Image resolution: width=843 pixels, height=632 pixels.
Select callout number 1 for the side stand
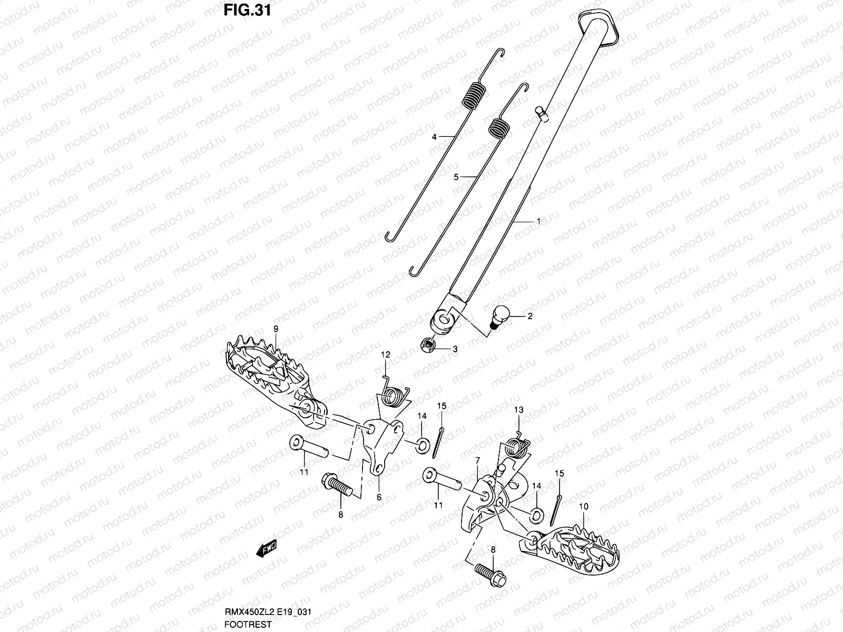538,222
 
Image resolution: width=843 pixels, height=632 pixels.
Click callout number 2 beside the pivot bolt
530,316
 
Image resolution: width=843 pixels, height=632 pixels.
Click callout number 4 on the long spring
434,137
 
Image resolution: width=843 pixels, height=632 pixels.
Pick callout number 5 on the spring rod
456,177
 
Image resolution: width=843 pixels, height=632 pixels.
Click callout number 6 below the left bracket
379,497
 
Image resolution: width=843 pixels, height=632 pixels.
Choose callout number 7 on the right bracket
477,461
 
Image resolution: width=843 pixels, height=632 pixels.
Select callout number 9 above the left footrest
275,329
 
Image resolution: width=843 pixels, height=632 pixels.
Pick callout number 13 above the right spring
518,410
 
